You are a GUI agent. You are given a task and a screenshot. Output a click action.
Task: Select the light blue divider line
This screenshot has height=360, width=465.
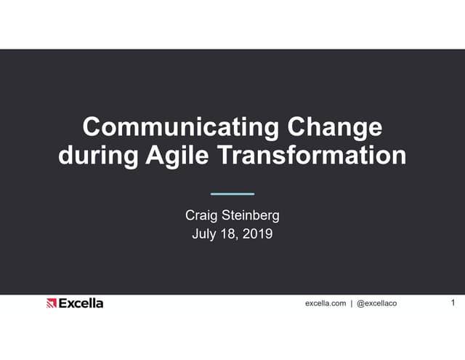point(232,194)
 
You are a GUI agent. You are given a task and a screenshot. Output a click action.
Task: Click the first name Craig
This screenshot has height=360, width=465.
point(203,215)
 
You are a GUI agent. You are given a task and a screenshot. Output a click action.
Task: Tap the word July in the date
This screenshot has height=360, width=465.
point(204,234)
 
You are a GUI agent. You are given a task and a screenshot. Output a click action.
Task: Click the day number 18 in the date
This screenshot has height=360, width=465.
point(230,234)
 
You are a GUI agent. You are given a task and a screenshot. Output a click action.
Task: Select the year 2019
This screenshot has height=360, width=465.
point(258,234)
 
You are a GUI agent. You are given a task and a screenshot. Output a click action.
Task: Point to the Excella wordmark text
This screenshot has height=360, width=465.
point(81,303)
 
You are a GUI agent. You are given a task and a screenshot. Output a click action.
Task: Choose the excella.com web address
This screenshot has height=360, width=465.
point(325,303)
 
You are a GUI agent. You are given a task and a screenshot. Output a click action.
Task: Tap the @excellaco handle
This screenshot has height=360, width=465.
point(376,303)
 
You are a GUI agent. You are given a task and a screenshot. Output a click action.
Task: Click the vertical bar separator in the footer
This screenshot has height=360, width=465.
point(352,303)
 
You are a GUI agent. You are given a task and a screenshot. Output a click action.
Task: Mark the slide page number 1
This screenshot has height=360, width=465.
point(453,303)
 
